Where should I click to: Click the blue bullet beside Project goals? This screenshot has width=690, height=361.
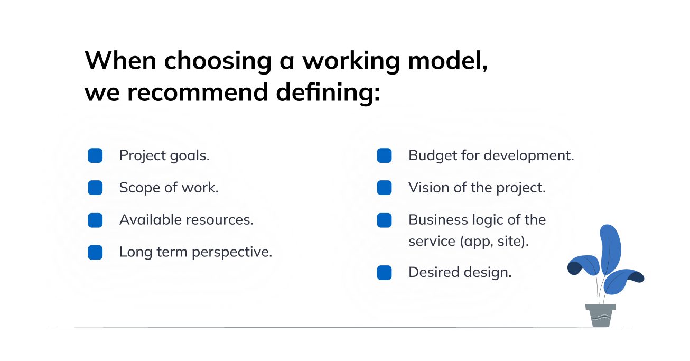point(95,155)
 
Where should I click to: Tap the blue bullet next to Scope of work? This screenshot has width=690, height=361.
point(95,188)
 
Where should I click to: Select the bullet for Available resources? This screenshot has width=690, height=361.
point(95,220)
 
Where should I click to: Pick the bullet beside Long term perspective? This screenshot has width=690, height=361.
point(95,253)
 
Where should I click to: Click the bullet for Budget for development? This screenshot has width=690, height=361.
point(385,155)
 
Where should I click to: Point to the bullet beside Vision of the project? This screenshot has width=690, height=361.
point(385,188)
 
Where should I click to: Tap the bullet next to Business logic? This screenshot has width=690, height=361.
point(385,220)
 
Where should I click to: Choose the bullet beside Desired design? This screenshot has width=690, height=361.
point(385,273)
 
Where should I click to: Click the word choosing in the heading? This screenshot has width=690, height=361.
point(218,61)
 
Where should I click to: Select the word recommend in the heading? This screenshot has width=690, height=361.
point(198,92)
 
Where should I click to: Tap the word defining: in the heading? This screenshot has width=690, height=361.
point(329,93)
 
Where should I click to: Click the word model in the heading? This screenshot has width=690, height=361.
point(447,60)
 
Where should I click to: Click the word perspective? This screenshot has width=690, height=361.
point(232,253)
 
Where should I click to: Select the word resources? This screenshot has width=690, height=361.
point(220,220)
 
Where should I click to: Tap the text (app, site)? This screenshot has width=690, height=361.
point(495,242)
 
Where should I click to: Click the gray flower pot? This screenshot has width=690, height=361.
point(600,316)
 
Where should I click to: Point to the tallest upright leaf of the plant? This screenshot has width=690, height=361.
point(610,248)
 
